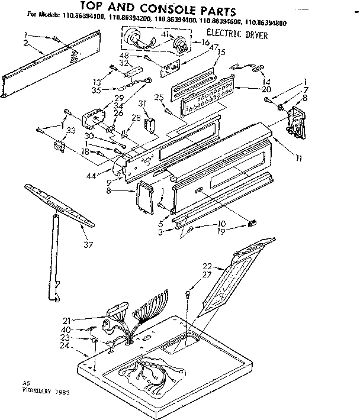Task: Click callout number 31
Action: (143, 104)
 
